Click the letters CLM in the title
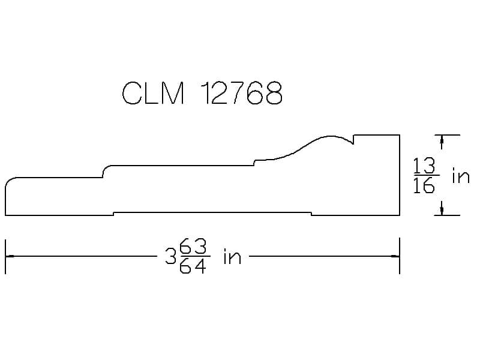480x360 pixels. (154, 93)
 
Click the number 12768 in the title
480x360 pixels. (242, 93)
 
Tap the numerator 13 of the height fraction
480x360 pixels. (424, 166)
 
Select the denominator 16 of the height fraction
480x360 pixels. (424, 185)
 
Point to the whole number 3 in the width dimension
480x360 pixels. (170, 256)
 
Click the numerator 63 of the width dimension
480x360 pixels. (193, 247)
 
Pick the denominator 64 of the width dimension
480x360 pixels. (193, 265)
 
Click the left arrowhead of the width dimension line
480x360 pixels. (10, 256)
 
